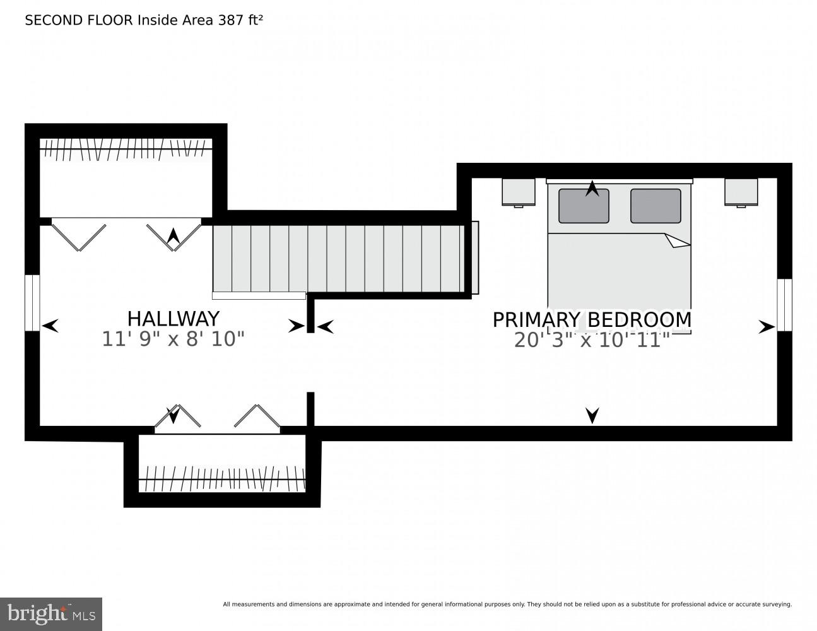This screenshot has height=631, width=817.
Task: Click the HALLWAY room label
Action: coord(173,318)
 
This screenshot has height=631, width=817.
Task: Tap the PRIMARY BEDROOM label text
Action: coord(592,320)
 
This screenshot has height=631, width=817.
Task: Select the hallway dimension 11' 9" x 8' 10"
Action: coord(173,339)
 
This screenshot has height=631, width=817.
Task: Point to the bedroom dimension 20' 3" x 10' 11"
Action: coord(592,341)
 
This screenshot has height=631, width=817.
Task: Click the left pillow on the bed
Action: coord(584,206)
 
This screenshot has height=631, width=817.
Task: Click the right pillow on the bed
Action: coord(655,206)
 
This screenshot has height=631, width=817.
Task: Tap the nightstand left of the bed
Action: coord(519,192)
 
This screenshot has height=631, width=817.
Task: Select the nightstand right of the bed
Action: coord(741,192)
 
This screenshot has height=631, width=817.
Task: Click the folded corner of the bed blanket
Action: coord(677,240)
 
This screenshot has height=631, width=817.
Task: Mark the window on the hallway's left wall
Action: coord(32,302)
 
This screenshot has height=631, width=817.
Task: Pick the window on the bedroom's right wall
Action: coord(784,305)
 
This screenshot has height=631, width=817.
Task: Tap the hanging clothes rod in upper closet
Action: coord(126,150)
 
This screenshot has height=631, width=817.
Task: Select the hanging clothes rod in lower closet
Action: coord(221,479)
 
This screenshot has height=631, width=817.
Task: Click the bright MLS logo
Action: coord(51,614)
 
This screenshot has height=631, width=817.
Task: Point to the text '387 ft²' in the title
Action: coord(240,20)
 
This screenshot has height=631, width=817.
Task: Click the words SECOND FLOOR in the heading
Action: coord(79,20)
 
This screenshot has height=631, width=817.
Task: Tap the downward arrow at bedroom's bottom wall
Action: coord(592,415)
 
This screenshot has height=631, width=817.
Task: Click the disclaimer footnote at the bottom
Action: coord(507,604)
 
